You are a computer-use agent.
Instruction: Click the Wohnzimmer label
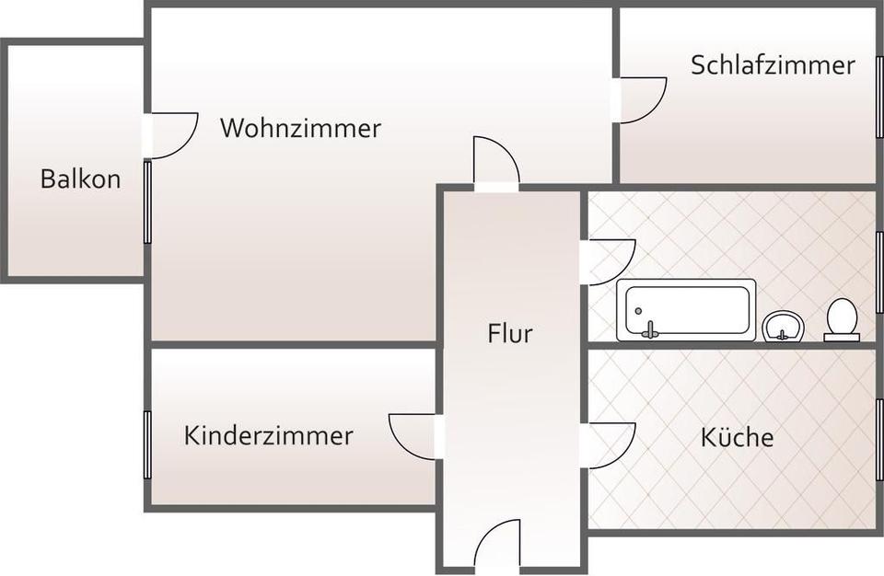(300, 128)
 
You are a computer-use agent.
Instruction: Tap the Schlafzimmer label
(773, 65)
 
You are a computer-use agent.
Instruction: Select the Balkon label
(80, 179)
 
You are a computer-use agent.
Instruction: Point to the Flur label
(510, 333)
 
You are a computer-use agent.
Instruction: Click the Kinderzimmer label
(268, 435)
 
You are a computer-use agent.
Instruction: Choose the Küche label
(737, 437)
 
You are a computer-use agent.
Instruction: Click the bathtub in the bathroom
(686, 309)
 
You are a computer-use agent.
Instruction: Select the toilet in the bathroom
(842, 318)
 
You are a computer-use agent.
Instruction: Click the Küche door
(609, 445)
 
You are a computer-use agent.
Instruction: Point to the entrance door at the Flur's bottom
(497, 545)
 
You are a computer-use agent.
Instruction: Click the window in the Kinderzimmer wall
(147, 444)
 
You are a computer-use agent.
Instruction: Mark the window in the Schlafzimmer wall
(879, 97)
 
